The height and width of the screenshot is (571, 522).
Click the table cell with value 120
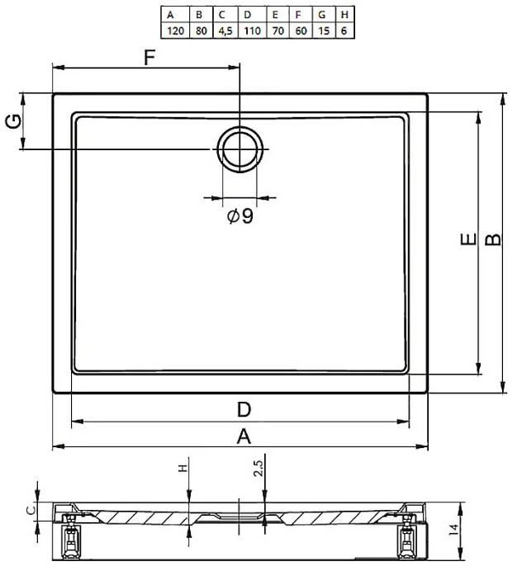click(x=175, y=31)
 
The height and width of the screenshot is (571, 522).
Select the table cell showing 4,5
click(x=225, y=31)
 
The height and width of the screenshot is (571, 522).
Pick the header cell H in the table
click(x=344, y=15)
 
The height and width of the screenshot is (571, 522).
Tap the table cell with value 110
click(x=252, y=31)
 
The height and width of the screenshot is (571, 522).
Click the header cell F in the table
click(x=301, y=15)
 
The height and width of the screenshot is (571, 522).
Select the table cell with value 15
click(x=324, y=31)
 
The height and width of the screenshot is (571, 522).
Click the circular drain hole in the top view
click(x=240, y=149)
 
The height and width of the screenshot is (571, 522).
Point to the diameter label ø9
click(x=240, y=216)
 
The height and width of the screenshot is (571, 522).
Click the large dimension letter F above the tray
click(x=149, y=57)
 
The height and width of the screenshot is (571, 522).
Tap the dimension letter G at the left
click(x=13, y=121)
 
